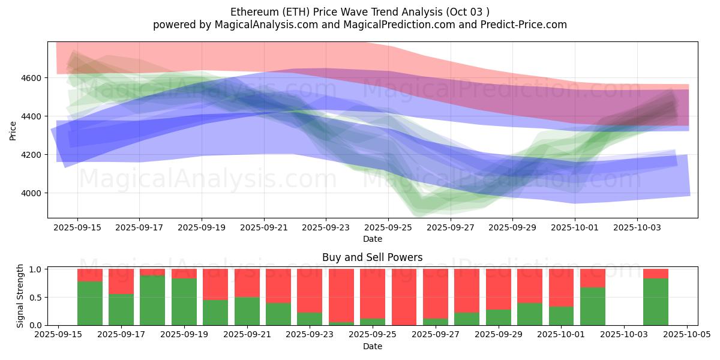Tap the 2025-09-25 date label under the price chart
pyautogui.click(x=388, y=228)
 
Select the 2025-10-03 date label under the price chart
pyautogui.click(x=637, y=228)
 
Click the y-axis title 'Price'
pyautogui.click(x=13, y=130)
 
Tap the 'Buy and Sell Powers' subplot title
pyautogui.click(x=372, y=257)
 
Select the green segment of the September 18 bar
pyautogui.click(x=152, y=300)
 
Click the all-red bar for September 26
pyautogui.click(x=404, y=297)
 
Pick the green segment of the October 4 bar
pyautogui.click(x=656, y=302)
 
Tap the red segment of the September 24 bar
pyautogui.click(x=341, y=294)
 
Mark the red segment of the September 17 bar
pyautogui.click(x=121, y=281)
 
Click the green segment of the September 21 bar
pyautogui.click(x=247, y=311)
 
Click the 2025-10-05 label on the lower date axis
pyautogui.click(x=687, y=335)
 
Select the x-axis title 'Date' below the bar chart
pyautogui.click(x=372, y=346)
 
